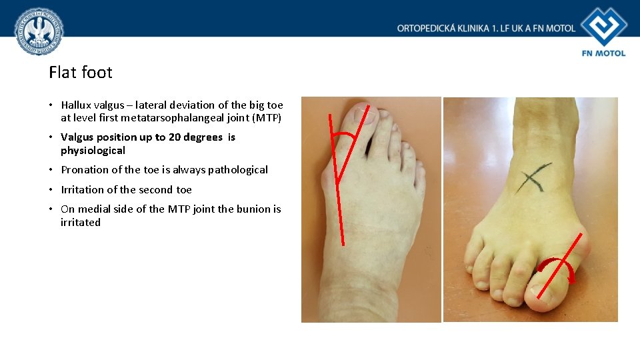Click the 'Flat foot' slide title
[81, 72]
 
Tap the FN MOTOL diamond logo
[604, 27]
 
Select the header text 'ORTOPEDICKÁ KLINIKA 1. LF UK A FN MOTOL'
[486, 28]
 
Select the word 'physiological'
[93, 151]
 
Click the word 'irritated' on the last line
[81, 223]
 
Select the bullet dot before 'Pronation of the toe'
[51, 170]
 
